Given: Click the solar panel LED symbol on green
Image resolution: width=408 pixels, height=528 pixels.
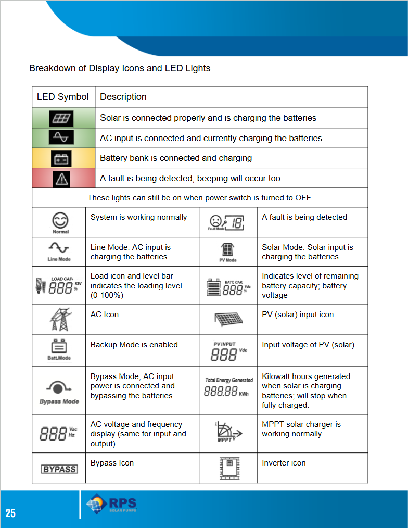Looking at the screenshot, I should click(x=61, y=118).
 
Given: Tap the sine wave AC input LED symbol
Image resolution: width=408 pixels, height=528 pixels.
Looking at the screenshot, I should click(x=61, y=138).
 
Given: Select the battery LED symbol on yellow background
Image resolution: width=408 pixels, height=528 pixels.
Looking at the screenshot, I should click(x=61, y=158).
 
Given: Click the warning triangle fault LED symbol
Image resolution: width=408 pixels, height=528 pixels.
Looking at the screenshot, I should click(x=61, y=179).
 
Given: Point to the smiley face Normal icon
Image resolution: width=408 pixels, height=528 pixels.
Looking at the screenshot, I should click(x=60, y=222).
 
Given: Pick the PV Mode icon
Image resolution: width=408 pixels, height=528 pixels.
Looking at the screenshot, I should click(x=228, y=252).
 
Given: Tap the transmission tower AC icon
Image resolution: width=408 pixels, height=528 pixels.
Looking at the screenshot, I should click(x=60, y=319).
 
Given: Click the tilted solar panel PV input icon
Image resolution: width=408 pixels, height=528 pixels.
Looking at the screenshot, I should click(x=228, y=320).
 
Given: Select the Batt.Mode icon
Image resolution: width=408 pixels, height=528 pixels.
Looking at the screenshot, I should click(x=59, y=350).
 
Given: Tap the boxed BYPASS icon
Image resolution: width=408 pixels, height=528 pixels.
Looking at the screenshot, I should click(x=59, y=469).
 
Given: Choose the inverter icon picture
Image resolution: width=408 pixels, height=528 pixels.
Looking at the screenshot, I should click(x=228, y=468).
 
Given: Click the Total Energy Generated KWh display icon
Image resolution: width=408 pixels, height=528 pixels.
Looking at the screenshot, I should click(x=228, y=388).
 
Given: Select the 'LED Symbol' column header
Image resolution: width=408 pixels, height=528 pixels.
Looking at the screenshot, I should click(x=63, y=97).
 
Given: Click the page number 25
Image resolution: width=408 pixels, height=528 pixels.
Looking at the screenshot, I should click(x=10, y=513).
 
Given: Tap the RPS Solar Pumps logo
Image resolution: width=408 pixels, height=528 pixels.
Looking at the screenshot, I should click(x=111, y=505).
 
